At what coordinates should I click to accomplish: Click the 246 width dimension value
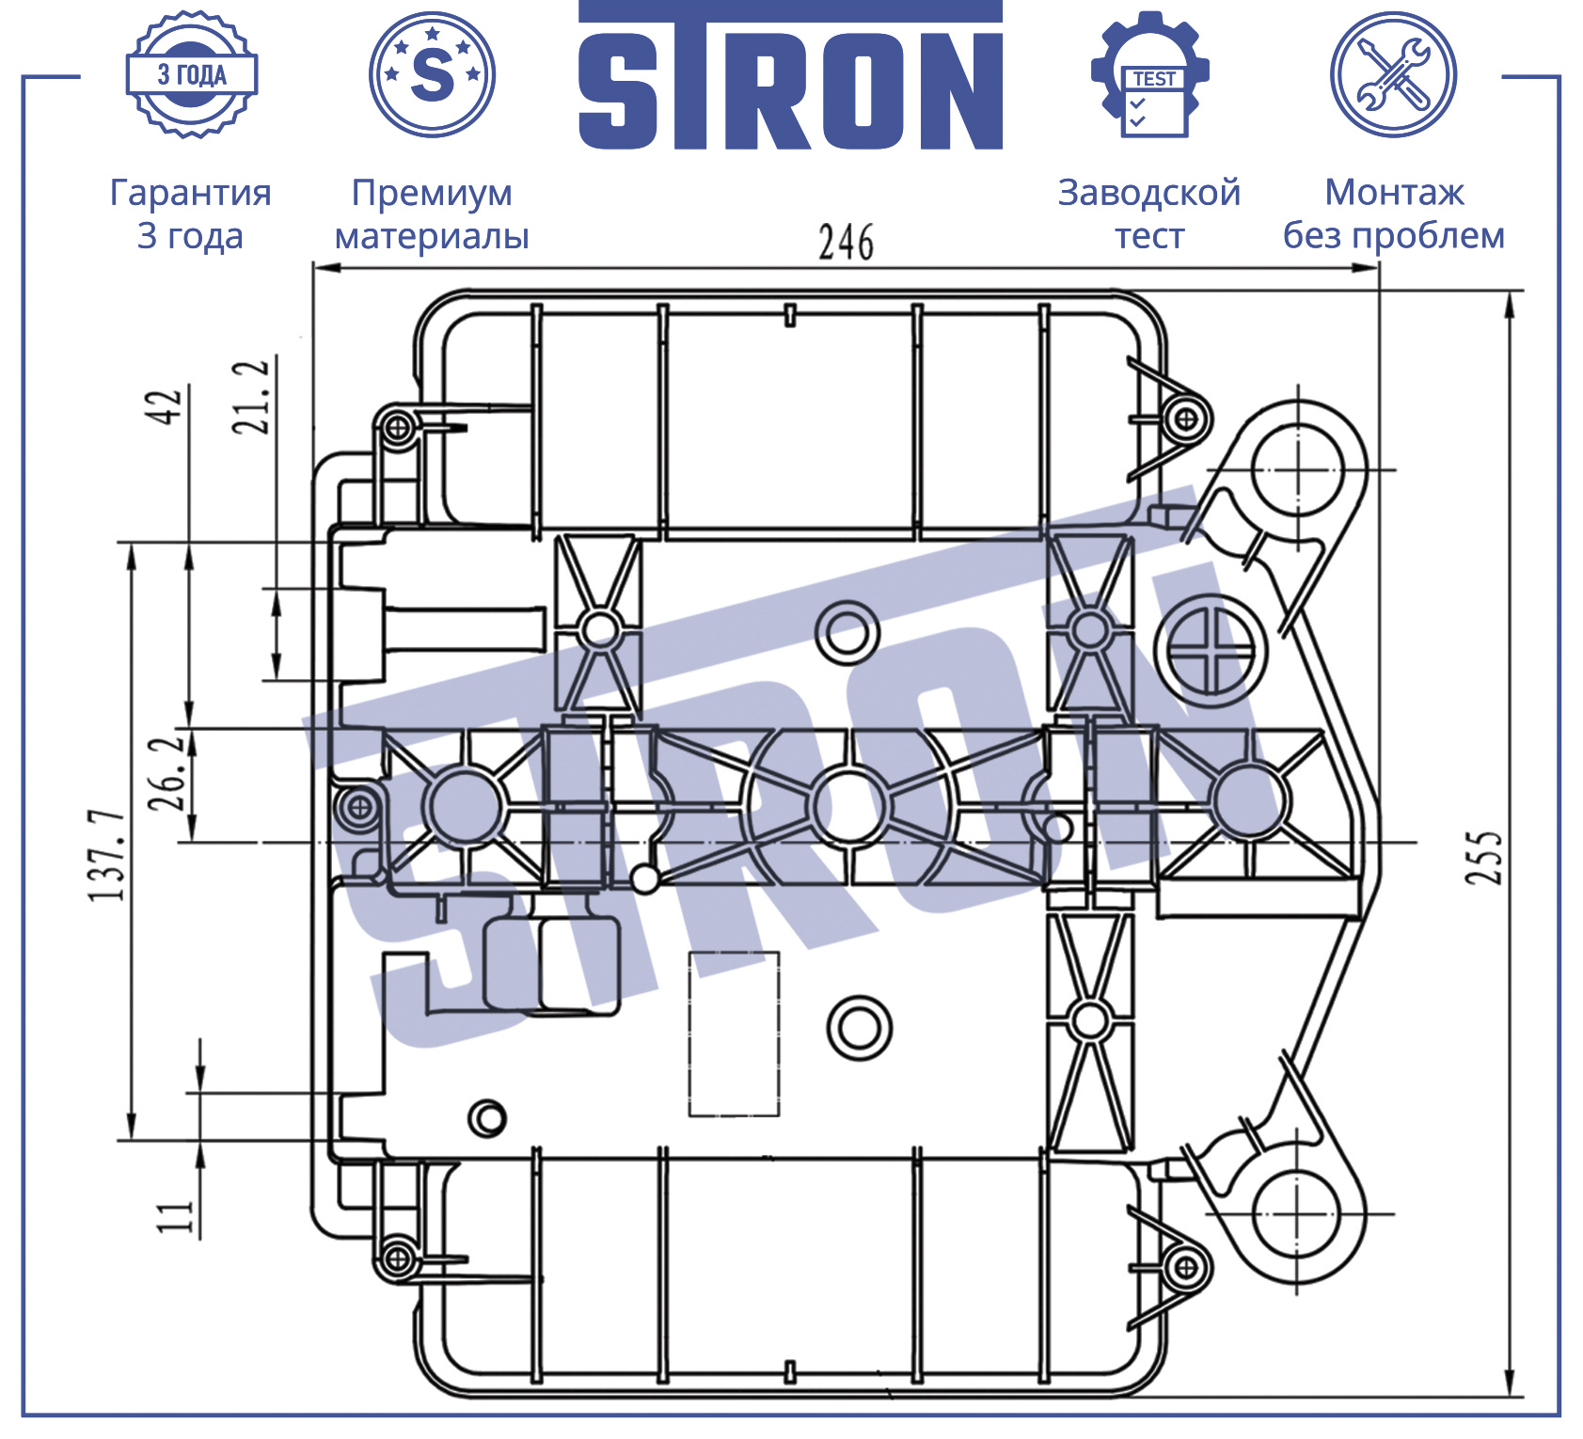click(x=846, y=242)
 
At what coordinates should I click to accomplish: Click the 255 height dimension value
click(x=1484, y=857)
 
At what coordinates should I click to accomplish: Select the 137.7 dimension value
click(x=107, y=855)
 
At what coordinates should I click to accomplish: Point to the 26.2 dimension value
click(x=166, y=774)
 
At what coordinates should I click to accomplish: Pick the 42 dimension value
click(x=165, y=406)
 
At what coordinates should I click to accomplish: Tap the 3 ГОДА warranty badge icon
click(x=192, y=74)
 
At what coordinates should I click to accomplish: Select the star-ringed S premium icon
click(x=433, y=74)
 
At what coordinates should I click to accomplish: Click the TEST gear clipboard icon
click(x=1150, y=74)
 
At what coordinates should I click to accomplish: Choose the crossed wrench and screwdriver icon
click(x=1394, y=74)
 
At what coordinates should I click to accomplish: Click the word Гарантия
click(x=191, y=193)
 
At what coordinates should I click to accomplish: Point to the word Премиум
click(x=432, y=193)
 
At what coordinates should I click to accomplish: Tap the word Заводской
click(x=1149, y=193)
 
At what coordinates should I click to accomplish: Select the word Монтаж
click(x=1395, y=193)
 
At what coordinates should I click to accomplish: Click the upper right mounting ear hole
click(x=1296, y=470)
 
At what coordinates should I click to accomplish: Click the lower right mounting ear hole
click(x=1296, y=1213)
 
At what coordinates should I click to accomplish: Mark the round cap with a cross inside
click(x=1211, y=651)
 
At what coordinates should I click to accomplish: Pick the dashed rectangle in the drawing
click(x=734, y=1034)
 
